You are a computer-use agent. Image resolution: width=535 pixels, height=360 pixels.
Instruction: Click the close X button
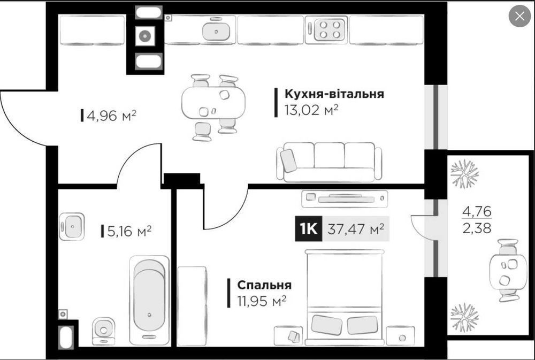(519, 16)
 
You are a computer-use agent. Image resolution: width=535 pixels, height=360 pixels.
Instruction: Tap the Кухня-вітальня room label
(334, 94)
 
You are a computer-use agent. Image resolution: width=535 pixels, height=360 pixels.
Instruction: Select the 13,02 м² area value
(311, 110)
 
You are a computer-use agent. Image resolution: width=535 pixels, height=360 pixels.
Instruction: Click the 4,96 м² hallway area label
(112, 116)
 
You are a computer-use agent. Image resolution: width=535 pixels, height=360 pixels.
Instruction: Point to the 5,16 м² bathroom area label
(129, 231)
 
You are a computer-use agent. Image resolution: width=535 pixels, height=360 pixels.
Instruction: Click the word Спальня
(264, 285)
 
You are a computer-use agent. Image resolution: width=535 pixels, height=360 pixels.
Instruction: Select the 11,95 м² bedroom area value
(262, 301)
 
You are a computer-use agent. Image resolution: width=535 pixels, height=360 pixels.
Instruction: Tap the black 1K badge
(309, 228)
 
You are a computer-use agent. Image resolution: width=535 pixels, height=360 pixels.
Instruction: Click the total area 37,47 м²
(356, 228)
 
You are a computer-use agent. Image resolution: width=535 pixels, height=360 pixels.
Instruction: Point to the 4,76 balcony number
(477, 212)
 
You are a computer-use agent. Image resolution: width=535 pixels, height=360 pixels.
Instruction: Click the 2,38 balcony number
(477, 227)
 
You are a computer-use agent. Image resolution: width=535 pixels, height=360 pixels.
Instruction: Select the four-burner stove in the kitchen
(327, 29)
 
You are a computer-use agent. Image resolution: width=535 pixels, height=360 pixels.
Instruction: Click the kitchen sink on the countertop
(216, 31)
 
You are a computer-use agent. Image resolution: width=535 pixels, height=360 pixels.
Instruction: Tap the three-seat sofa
(329, 162)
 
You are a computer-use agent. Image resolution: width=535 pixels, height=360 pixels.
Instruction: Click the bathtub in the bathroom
(149, 300)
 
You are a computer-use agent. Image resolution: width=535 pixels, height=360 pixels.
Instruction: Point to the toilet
(103, 331)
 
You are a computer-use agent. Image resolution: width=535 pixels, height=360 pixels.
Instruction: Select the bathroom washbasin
(72, 226)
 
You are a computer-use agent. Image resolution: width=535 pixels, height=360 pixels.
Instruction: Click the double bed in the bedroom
(345, 297)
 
